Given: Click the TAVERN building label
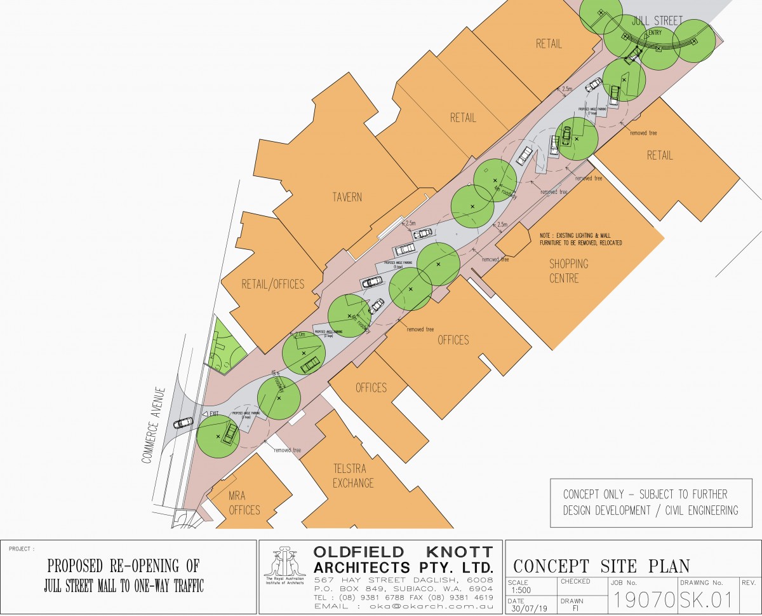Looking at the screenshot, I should (x=347, y=197).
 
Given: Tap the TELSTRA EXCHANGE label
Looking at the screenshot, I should (x=353, y=476).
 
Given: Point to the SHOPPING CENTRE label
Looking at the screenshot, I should (x=569, y=271).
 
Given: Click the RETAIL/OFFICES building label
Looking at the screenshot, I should (x=272, y=284).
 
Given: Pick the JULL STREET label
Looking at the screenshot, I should (x=657, y=20).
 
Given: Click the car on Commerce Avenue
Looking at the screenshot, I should (x=183, y=422).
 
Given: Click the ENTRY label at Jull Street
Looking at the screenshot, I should (x=655, y=33).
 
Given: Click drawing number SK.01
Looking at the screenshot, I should (x=706, y=599).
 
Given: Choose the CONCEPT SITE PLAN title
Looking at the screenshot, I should (x=601, y=566).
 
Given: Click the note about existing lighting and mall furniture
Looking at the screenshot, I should (x=580, y=239).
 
